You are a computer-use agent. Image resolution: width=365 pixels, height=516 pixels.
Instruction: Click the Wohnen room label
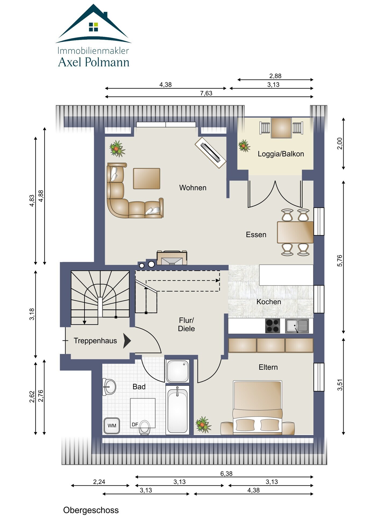(193, 188)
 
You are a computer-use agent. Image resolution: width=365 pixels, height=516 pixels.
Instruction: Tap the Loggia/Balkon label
(281, 154)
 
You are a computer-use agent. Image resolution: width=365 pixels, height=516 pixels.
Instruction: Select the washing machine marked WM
(112, 425)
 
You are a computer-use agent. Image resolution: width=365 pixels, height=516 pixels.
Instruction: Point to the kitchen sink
(297, 326)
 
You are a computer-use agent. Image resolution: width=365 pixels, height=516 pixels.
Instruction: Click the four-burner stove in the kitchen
(272, 326)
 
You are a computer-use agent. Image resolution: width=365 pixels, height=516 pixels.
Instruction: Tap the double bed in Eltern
(257, 407)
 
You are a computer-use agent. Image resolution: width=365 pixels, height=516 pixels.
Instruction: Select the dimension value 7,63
(206, 93)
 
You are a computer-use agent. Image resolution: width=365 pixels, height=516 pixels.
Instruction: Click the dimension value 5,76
(340, 260)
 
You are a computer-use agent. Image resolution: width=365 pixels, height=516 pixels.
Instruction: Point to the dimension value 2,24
(99, 482)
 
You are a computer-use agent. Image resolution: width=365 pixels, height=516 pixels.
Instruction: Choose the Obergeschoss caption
(91, 510)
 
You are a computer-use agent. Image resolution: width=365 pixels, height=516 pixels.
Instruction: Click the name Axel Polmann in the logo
(94, 62)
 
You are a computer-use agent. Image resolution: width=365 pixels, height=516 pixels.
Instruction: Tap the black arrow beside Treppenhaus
(127, 341)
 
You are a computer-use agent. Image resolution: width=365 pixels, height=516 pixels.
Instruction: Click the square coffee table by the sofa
(147, 179)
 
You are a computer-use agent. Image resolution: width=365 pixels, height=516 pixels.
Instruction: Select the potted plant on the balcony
(244, 146)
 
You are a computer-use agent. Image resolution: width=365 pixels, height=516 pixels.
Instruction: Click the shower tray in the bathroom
(178, 371)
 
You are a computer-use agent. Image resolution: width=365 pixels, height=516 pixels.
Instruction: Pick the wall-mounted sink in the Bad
(109, 387)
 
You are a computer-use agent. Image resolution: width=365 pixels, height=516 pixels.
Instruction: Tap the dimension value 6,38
(226, 474)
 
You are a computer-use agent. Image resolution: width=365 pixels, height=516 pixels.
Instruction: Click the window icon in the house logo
(94, 27)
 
